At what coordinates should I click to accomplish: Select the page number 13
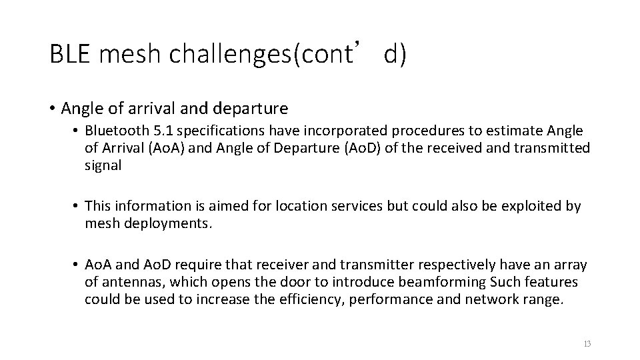coord(587,344)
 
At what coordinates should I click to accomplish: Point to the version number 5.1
coord(165,130)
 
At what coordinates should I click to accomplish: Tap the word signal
coord(103,165)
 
